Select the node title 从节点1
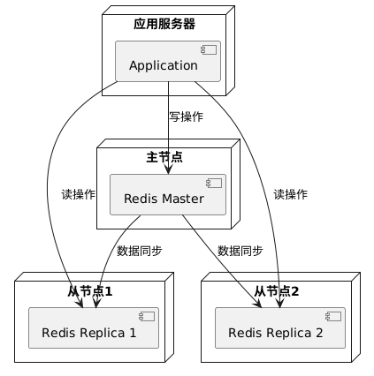coord(89,291)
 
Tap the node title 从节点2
coord(275,291)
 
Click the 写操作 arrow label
coord(186,117)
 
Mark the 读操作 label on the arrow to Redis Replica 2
coord(291,194)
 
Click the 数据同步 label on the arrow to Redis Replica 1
coord(139,251)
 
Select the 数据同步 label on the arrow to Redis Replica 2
coord(240,251)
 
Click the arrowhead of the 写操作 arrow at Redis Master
coord(168,169)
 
